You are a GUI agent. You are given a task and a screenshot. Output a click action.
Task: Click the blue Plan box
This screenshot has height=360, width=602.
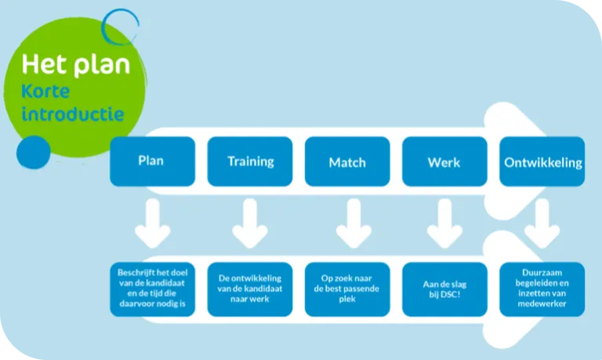click(152, 162)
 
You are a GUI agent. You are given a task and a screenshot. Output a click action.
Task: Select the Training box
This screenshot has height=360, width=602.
click(250, 162)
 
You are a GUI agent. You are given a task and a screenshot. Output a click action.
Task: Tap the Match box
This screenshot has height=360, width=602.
click(347, 162)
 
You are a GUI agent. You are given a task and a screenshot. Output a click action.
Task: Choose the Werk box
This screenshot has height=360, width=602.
click(444, 162)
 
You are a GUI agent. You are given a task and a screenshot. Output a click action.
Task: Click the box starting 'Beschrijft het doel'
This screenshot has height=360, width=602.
click(152, 289)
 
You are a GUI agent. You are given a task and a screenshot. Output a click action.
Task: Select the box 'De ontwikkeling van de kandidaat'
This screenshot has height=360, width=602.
click(250, 289)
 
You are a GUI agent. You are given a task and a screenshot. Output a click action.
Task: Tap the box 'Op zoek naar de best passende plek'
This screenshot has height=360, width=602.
click(347, 289)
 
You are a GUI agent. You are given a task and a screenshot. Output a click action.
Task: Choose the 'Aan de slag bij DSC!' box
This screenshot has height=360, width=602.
click(444, 289)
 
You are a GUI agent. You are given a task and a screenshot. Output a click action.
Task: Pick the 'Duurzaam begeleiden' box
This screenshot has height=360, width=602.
click(542, 289)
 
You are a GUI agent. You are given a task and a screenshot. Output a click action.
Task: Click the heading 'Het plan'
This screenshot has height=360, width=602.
click(75, 64)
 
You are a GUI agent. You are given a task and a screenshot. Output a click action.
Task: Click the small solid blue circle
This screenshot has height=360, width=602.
click(34, 151)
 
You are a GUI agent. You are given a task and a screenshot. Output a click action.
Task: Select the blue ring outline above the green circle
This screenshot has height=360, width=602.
click(121, 28)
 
